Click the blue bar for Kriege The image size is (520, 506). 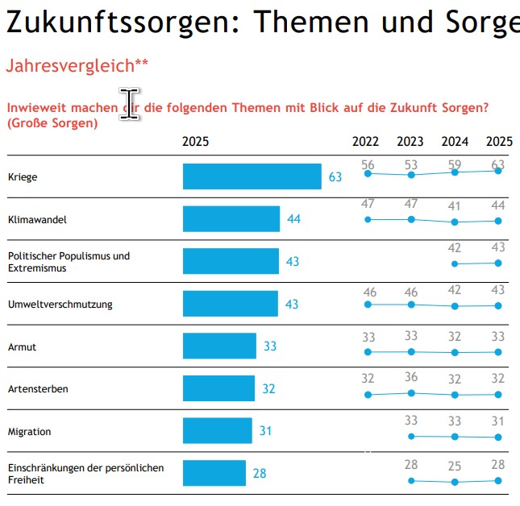pyautogui.click(x=252, y=176)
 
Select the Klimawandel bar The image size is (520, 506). pyautogui.click(x=231, y=219)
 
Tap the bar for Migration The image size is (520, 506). pyautogui.click(x=217, y=431)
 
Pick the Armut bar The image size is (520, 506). pyautogui.click(x=219, y=346)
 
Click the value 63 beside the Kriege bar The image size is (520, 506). pyautogui.click(x=335, y=177)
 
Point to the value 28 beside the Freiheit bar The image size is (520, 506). pyautogui.click(x=260, y=474)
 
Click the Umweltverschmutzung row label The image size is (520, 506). pyautogui.click(x=60, y=305)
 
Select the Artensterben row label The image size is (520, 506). pyautogui.click(x=38, y=389)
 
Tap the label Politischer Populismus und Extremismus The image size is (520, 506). pyautogui.click(x=69, y=262)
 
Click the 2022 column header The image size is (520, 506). pyautogui.click(x=365, y=142)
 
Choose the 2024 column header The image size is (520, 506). pyautogui.click(x=455, y=142)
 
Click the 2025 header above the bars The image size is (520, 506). pyautogui.click(x=195, y=142)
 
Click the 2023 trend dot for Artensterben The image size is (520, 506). pyautogui.click(x=411, y=392)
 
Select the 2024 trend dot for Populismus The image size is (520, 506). pyautogui.click(x=455, y=263)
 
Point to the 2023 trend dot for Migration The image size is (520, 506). pyautogui.click(x=411, y=436)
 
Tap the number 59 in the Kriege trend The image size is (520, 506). pyautogui.click(x=455, y=165)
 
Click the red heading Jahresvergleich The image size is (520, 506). pyautogui.click(x=77, y=66)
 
